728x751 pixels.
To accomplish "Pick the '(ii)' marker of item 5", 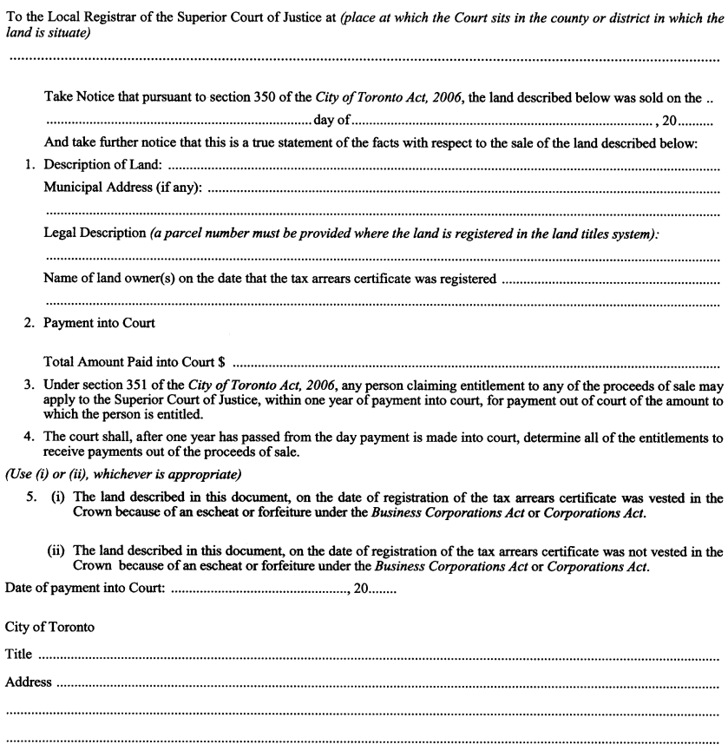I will [x=55, y=549].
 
